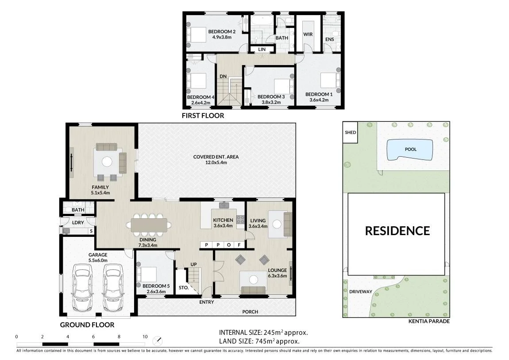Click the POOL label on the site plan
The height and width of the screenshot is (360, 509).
tap(411, 149)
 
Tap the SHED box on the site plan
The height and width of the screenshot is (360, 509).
tap(350, 132)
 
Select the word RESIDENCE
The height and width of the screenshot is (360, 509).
tap(397, 231)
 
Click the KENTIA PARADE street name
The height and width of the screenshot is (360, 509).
tap(429, 321)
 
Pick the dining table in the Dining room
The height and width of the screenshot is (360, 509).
tap(149, 225)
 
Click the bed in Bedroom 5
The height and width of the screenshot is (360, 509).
tap(147, 275)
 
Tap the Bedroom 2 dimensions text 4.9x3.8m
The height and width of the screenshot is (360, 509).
tap(222, 37)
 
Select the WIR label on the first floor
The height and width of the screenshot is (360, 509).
tap(308, 34)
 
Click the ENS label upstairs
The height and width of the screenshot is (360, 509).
tap(329, 39)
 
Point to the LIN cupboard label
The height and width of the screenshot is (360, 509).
tap(262, 49)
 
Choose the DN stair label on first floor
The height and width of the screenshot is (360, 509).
tap(223, 76)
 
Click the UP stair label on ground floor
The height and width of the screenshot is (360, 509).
tap(193, 264)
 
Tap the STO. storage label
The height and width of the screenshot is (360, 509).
tap(184, 288)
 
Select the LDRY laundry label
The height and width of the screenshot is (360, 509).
tap(78, 223)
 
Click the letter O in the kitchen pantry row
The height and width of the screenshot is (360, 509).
tap(229, 245)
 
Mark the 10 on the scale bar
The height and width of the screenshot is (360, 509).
tap(145, 337)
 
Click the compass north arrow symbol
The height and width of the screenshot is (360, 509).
tap(158, 341)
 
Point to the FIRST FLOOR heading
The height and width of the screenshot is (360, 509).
tap(203, 116)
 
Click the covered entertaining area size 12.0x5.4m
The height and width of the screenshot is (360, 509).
tap(216, 163)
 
